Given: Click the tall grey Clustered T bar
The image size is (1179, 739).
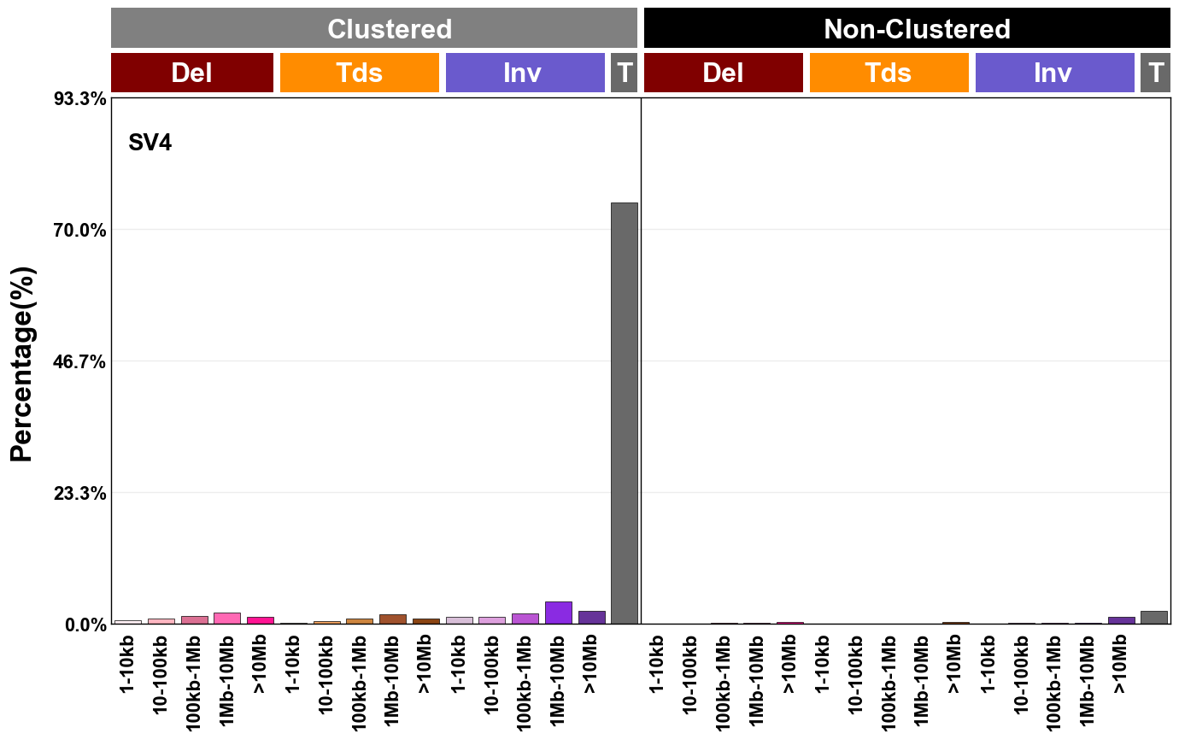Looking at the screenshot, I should point(624,413).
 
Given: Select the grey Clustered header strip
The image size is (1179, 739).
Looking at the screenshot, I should point(374,29).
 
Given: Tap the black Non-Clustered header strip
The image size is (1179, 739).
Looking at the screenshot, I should point(906,29).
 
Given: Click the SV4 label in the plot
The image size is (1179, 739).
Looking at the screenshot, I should point(150,143).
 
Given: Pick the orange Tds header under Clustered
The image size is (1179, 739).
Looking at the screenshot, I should point(359,73).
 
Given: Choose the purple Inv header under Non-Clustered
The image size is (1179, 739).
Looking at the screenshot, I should point(1054,73).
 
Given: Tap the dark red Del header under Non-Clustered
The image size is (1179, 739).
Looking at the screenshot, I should point(723,73).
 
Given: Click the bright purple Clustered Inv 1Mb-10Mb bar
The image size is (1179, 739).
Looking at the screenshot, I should point(558,613).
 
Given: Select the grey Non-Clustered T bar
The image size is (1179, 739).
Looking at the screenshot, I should point(1153,617).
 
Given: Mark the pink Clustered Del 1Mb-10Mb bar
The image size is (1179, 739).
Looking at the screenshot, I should point(227,618).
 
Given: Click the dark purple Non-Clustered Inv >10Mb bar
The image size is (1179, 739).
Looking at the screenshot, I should point(1121,620).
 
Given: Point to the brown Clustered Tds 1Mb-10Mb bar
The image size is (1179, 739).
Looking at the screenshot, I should point(393,619).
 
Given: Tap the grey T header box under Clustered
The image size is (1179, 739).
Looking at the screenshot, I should point(624,73).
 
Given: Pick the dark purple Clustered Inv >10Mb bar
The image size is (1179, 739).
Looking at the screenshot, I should point(591,617).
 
